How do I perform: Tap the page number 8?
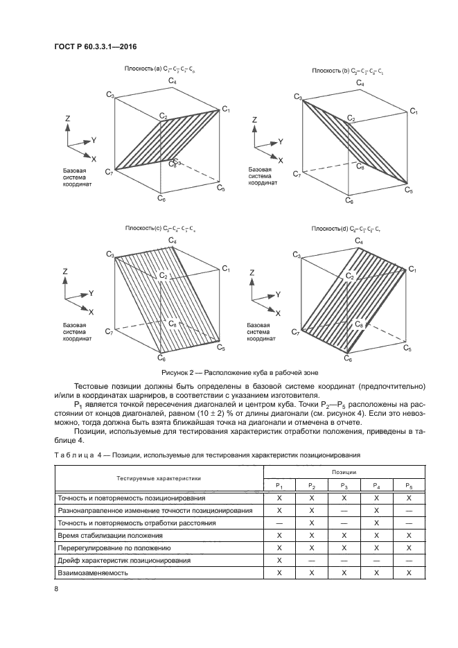click(x=56, y=588)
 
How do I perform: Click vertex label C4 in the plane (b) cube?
click(x=360, y=84)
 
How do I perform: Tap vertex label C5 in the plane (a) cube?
click(x=221, y=187)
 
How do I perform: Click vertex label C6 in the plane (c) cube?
click(x=161, y=358)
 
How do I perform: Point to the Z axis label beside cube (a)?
click(x=68, y=119)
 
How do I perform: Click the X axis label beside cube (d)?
click(x=279, y=313)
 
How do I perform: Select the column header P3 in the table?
click(x=344, y=486)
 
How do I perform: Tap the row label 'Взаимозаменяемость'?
click(x=92, y=573)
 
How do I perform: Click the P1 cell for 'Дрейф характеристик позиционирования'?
click(x=279, y=561)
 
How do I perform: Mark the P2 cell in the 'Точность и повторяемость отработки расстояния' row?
click(x=311, y=523)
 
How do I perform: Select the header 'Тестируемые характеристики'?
click(x=159, y=478)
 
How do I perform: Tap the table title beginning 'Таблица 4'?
click(x=209, y=454)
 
